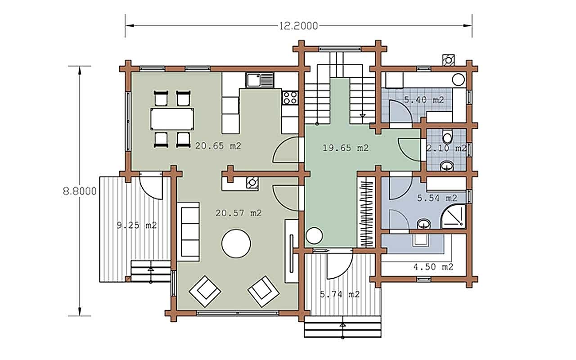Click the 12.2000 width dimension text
click(298, 26)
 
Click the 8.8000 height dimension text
click(80, 191)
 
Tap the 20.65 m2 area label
click(218, 146)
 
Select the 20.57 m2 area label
click(238, 213)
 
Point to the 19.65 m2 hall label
click(345, 148)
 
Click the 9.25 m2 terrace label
click(137, 225)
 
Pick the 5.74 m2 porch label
click(340, 294)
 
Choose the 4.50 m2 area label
click(433, 267)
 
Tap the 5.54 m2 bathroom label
click(437, 198)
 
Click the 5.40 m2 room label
click(424, 100)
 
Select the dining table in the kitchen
click(172, 119)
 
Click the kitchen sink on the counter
click(260, 80)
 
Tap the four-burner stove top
click(290, 98)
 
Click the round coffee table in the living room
click(236, 243)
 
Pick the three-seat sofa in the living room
click(188, 232)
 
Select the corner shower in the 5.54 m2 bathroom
click(453, 217)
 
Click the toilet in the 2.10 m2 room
click(447, 136)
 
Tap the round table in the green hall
click(314, 235)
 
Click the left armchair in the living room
click(205, 291)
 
